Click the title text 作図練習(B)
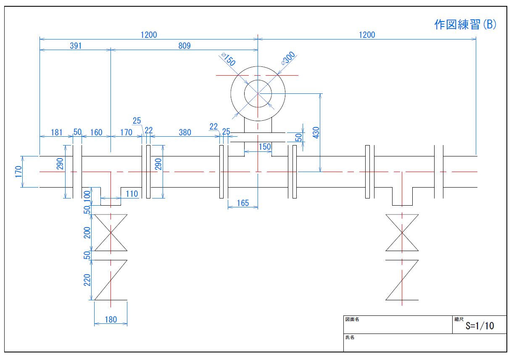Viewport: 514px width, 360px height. tap(465, 25)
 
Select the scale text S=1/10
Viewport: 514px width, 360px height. tap(480, 326)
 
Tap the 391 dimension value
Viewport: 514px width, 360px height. tap(76, 46)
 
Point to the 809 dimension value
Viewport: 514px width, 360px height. tap(184, 46)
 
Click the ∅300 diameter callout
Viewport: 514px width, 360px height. tap(289, 58)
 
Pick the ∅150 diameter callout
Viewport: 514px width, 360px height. tap(227, 59)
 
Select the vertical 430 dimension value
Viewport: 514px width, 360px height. tap(316, 132)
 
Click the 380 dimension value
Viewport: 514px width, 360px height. tap(185, 132)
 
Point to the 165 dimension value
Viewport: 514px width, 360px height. tap(243, 204)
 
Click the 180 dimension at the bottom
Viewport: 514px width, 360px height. tap(111, 320)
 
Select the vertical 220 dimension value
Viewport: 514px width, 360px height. tap(88, 280)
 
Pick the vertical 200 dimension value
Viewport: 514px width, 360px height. tap(88, 233)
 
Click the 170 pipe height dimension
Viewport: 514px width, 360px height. tap(17, 172)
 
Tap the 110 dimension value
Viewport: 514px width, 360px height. tap(132, 193)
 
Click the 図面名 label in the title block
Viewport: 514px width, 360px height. tap(352, 319)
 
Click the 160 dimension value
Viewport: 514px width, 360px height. tap(96, 132)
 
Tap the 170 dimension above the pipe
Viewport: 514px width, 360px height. tap(126, 132)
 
